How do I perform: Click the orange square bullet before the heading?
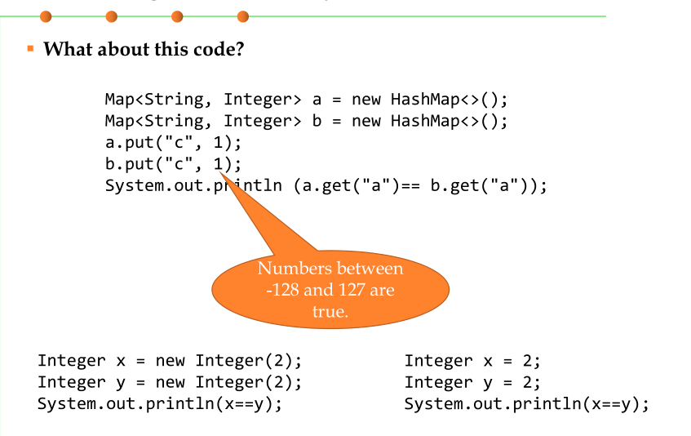click(x=30, y=49)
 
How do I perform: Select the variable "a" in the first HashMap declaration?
click(x=317, y=100)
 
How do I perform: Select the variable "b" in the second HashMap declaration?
click(x=317, y=122)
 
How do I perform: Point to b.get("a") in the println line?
click(x=479, y=185)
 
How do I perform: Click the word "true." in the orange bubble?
click(x=330, y=311)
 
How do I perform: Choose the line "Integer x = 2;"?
click(x=472, y=361)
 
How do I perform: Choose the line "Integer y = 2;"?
click(x=472, y=382)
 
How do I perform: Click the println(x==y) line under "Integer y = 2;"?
click(x=526, y=403)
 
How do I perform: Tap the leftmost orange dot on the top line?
click(x=45, y=16)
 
